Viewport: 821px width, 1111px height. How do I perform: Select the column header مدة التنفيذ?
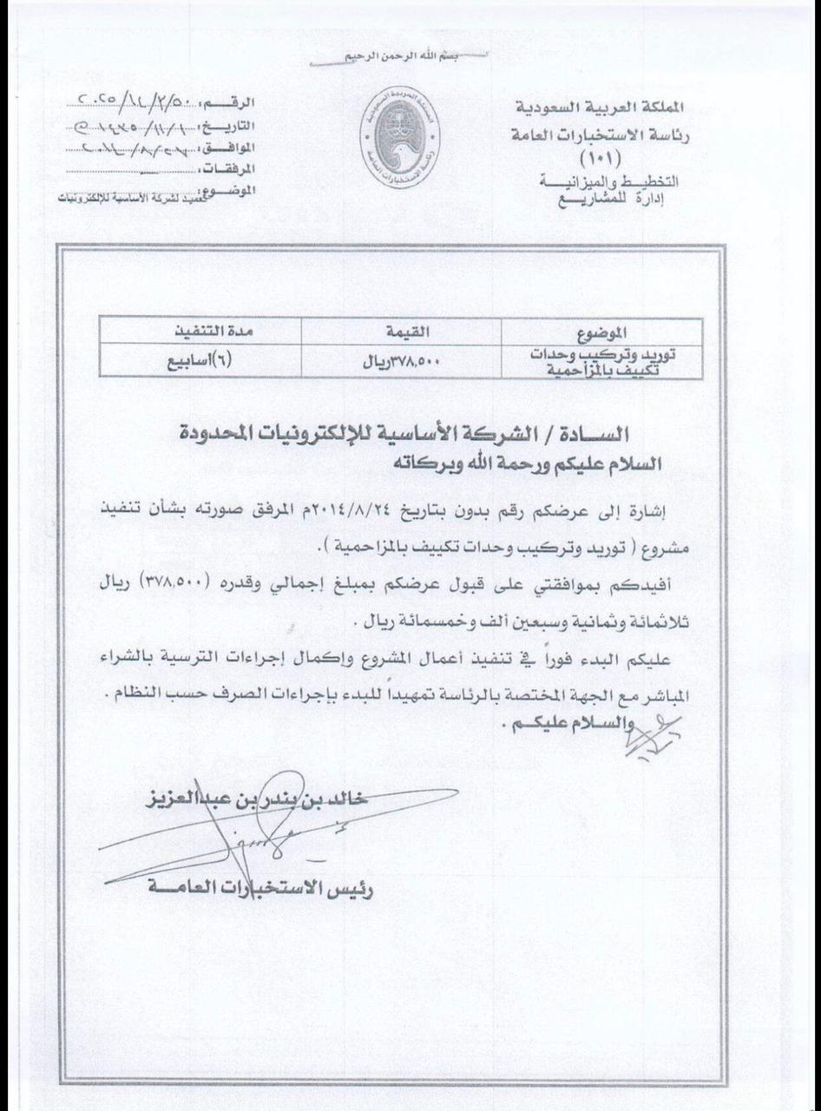(x=200, y=331)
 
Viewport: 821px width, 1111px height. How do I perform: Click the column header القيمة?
(x=402, y=331)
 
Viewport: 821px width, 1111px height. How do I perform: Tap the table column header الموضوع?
(x=601, y=332)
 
